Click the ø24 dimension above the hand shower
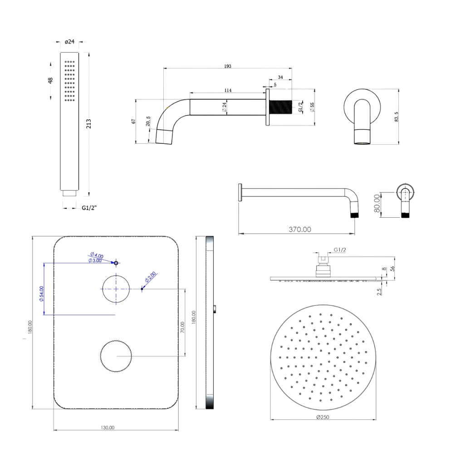69,42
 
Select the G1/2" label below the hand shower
89,208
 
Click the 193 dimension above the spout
227,66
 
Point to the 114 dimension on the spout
228,91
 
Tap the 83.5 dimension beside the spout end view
397,117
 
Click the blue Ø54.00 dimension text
41,294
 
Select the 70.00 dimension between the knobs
182,328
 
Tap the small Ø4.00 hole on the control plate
116,263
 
